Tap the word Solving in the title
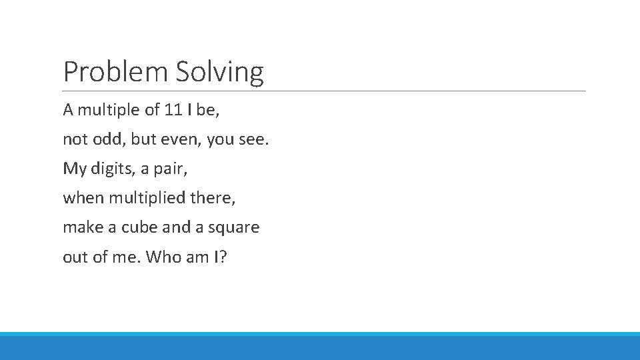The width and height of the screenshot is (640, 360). [220, 72]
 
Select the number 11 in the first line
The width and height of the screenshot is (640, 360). [173, 110]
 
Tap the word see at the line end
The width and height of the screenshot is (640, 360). [255, 139]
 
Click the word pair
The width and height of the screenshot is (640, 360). [171, 169]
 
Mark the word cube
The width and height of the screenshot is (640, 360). [135, 227]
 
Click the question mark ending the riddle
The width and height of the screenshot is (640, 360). [223, 257]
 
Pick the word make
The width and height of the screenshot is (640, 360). [81, 227]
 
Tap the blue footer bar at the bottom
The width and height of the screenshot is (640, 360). [320, 347]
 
